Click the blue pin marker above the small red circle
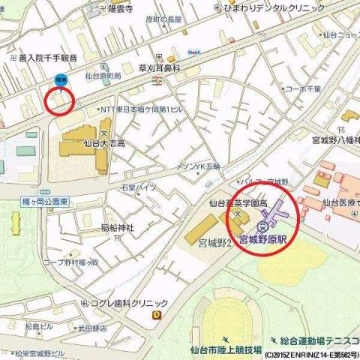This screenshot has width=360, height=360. coord(60,79)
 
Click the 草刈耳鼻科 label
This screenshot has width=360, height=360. coord(160,67)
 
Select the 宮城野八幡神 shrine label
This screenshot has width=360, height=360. coord(335,139)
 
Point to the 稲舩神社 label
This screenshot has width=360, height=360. coord(117,227)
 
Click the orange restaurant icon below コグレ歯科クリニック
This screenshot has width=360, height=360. coord(155,316)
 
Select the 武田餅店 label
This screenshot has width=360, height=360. coord(91,328)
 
